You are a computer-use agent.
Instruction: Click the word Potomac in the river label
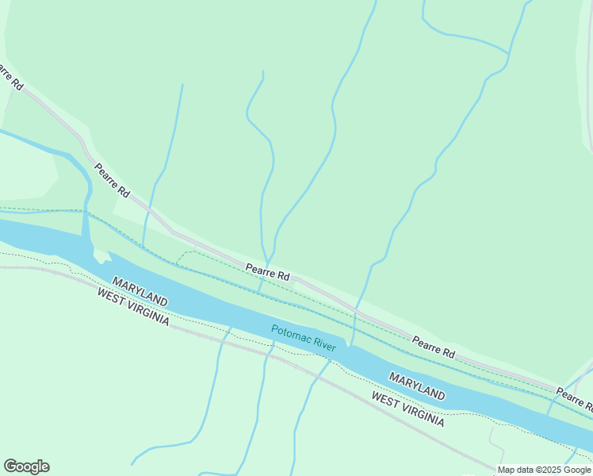[291, 334]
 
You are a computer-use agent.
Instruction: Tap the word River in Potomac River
[325, 344]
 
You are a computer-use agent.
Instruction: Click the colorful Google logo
[26, 466]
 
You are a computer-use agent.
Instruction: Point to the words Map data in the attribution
[516, 470]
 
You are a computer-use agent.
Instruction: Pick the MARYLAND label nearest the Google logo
[140, 292]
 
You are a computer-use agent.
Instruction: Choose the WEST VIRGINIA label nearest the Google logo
[132, 305]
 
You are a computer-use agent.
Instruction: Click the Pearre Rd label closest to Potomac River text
[267, 271]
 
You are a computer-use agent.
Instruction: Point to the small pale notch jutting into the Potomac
[101, 255]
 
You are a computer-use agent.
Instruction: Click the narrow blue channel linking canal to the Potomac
[85, 226]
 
